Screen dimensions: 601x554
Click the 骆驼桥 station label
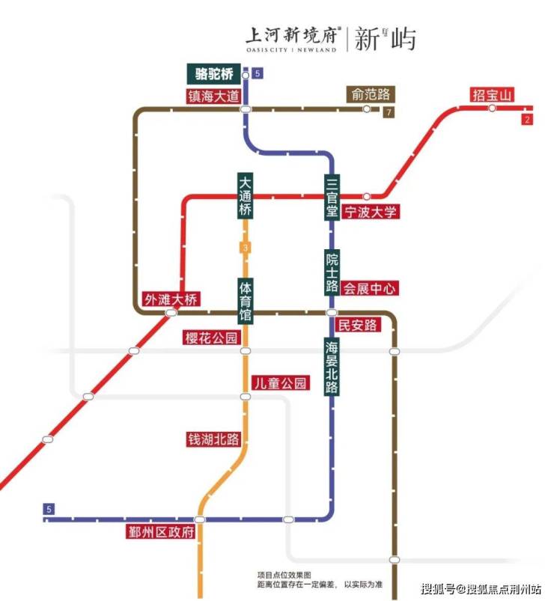(x=214, y=73)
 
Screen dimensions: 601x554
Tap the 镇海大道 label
(x=214, y=96)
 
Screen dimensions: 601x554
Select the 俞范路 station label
(x=371, y=95)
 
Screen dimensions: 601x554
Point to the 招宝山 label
(x=493, y=95)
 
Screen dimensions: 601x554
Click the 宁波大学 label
(x=371, y=212)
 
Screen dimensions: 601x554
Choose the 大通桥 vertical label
(x=245, y=196)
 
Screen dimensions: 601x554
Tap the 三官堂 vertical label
(x=332, y=196)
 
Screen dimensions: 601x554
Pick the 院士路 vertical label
(x=332, y=272)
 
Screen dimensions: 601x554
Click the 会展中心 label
(x=371, y=287)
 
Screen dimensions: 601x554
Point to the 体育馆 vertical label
(x=245, y=301)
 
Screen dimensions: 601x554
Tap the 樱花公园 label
(x=211, y=338)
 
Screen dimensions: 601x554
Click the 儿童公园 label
(x=280, y=383)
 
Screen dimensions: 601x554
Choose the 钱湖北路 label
(x=214, y=439)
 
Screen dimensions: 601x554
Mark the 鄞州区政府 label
(x=161, y=532)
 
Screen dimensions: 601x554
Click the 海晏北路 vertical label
(x=332, y=367)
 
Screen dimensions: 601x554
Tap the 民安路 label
(x=358, y=325)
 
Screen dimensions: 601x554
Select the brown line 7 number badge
(x=388, y=113)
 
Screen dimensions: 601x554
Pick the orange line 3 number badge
(x=244, y=248)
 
